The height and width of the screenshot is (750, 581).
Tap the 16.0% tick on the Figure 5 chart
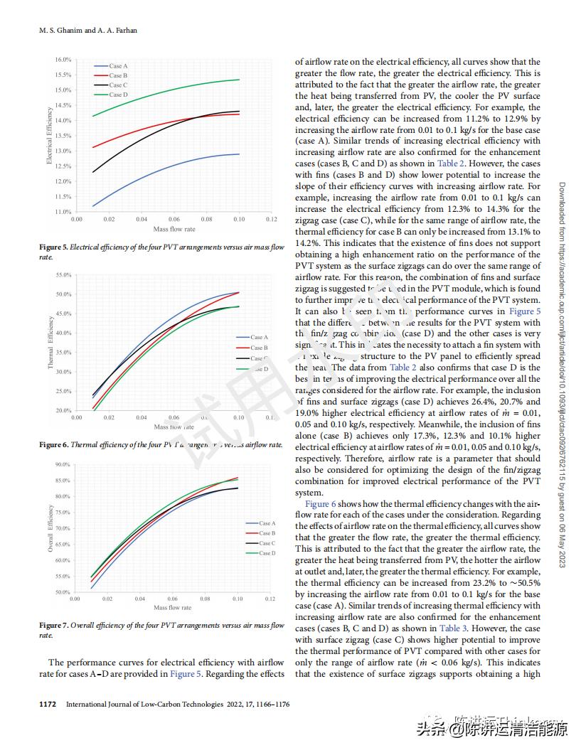tap(63, 60)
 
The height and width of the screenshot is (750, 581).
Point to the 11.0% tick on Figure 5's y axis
tap(63, 212)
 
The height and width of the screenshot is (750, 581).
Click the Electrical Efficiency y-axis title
tap(49, 136)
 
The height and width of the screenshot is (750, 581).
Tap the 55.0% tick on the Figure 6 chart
tap(63, 274)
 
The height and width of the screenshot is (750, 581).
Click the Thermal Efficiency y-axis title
tap(50, 342)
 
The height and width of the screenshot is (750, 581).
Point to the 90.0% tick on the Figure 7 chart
tap(62, 465)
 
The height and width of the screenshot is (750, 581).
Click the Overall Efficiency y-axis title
tap(50, 528)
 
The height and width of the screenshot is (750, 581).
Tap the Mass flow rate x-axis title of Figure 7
tap(173, 608)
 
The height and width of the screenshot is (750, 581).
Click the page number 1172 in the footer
tap(48, 705)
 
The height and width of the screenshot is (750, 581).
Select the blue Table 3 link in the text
tap(454, 628)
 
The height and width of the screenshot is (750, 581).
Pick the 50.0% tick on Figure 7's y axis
tap(62, 592)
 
